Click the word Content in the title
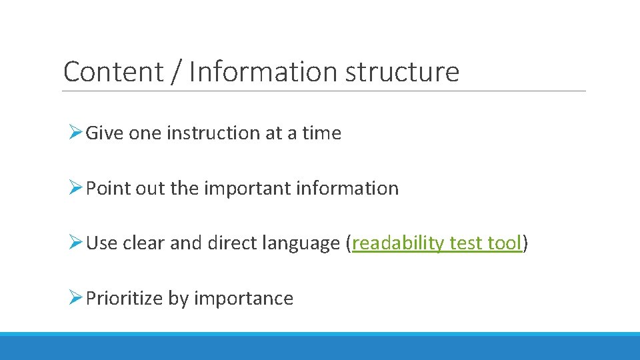click(113, 71)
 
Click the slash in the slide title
click(176, 71)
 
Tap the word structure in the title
click(402, 71)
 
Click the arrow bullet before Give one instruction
click(75, 133)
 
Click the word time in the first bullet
click(321, 133)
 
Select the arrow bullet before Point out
click(75, 189)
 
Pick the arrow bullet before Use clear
click(75, 243)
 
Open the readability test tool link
click(436, 243)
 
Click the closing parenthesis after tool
click(525, 243)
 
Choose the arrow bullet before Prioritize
click(75, 298)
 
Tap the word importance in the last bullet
click(243, 298)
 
